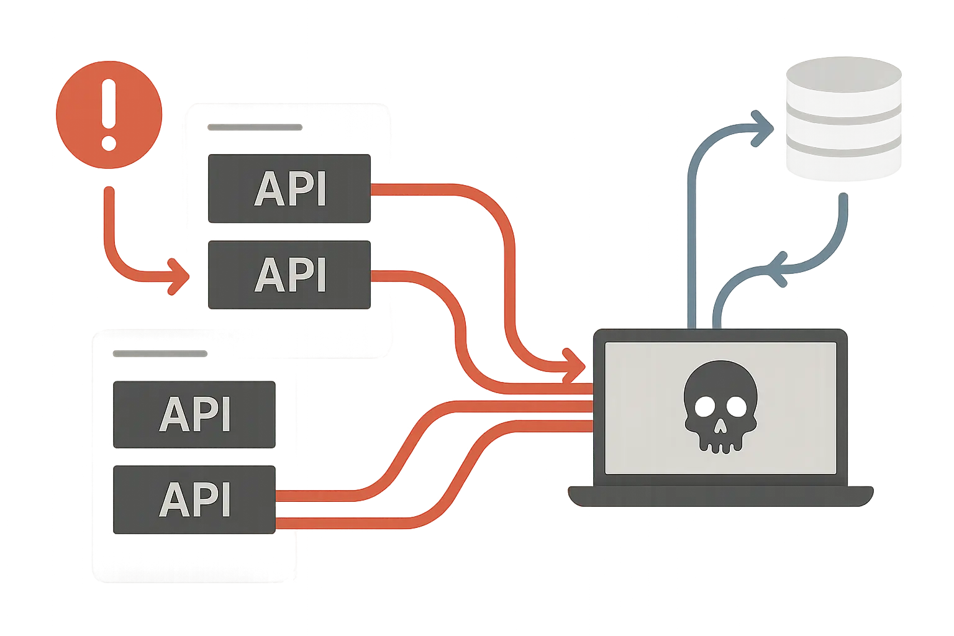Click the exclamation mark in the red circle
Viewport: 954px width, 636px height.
(x=109, y=114)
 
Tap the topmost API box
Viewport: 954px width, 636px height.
(x=289, y=189)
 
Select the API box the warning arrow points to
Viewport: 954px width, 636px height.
(x=289, y=275)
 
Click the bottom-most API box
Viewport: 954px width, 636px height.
(x=194, y=500)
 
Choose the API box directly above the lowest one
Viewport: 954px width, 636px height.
(x=194, y=414)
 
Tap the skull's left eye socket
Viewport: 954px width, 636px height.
(x=703, y=406)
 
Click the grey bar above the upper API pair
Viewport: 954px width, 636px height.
(x=255, y=128)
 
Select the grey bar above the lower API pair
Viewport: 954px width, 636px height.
(x=160, y=353)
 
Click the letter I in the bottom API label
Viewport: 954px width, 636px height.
(x=224, y=500)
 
